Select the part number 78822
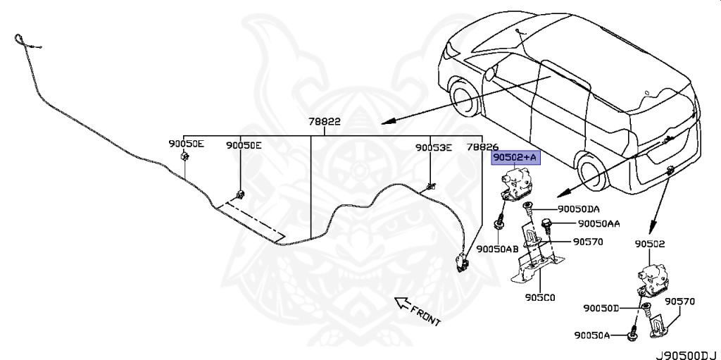324,121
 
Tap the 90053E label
432,147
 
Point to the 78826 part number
482,147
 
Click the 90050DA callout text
579,209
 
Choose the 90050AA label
598,223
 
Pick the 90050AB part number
497,249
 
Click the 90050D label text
601,309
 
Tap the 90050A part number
591,336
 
